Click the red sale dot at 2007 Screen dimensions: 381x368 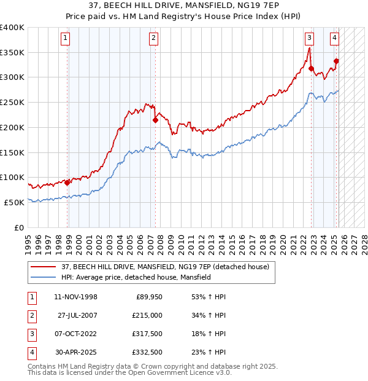155,120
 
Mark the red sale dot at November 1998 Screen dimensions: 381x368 67,183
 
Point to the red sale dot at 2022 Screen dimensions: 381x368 311,68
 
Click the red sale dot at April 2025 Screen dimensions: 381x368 337,61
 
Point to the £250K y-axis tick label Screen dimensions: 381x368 12,102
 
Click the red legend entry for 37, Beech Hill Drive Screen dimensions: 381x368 165,267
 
